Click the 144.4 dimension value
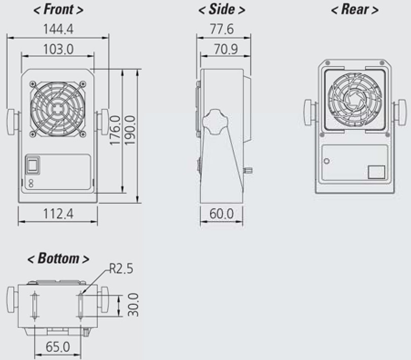[x=58, y=29]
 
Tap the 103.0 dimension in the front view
[x=58, y=48]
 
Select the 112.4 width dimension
[x=57, y=213]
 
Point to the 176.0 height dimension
[x=115, y=131]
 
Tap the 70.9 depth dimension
[x=226, y=48]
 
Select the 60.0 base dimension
[x=221, y=213]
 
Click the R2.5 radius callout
[x=121, y=269]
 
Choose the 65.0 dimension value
[x=58, y=347]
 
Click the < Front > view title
[x=58, y=10]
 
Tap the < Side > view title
[x=221, y=10]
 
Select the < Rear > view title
[x=354, y=10]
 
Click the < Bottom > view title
[x=58, y=258]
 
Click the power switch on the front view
[x=31, y=165]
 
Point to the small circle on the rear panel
[x=327, y=161]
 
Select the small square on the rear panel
[x=376, y=172]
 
